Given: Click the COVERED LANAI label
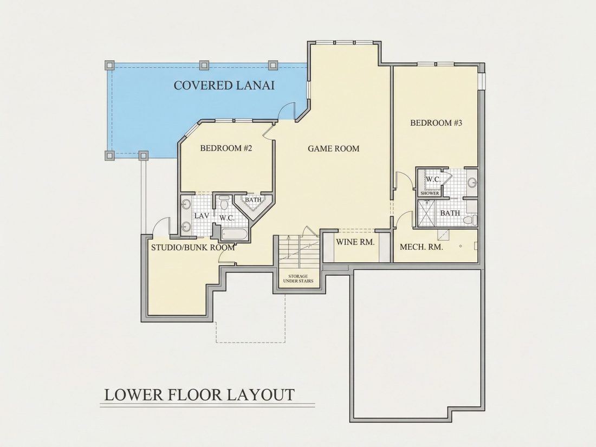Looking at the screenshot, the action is (x=224, y=85).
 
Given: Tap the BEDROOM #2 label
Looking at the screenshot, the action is (x=226, y=148).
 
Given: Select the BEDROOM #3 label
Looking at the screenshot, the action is (x=436, y=123).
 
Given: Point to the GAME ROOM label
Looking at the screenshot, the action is (x=333, y=148).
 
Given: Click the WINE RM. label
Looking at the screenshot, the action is (x=355, y=242).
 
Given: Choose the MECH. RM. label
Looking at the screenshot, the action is (x=421, y=247).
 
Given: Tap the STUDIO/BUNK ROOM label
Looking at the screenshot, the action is (x=193, y=248).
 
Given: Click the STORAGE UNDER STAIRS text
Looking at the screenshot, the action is (x=298, y=278).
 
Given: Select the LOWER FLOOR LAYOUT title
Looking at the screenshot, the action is (x=199, y=394).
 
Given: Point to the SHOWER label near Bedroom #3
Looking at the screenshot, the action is (x=430, y=193).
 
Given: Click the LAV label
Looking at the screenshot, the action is (x=202, y=216).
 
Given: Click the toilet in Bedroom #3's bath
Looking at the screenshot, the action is (x=472, y=219).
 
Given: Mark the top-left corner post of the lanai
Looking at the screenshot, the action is (x=109, y=65).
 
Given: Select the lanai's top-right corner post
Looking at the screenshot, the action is (x=273, y=65).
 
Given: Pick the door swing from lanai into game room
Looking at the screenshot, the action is (x=287, y=110).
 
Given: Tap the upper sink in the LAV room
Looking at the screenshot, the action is (x=186, y=205).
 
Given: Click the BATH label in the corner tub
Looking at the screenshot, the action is (x=253, y=199).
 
